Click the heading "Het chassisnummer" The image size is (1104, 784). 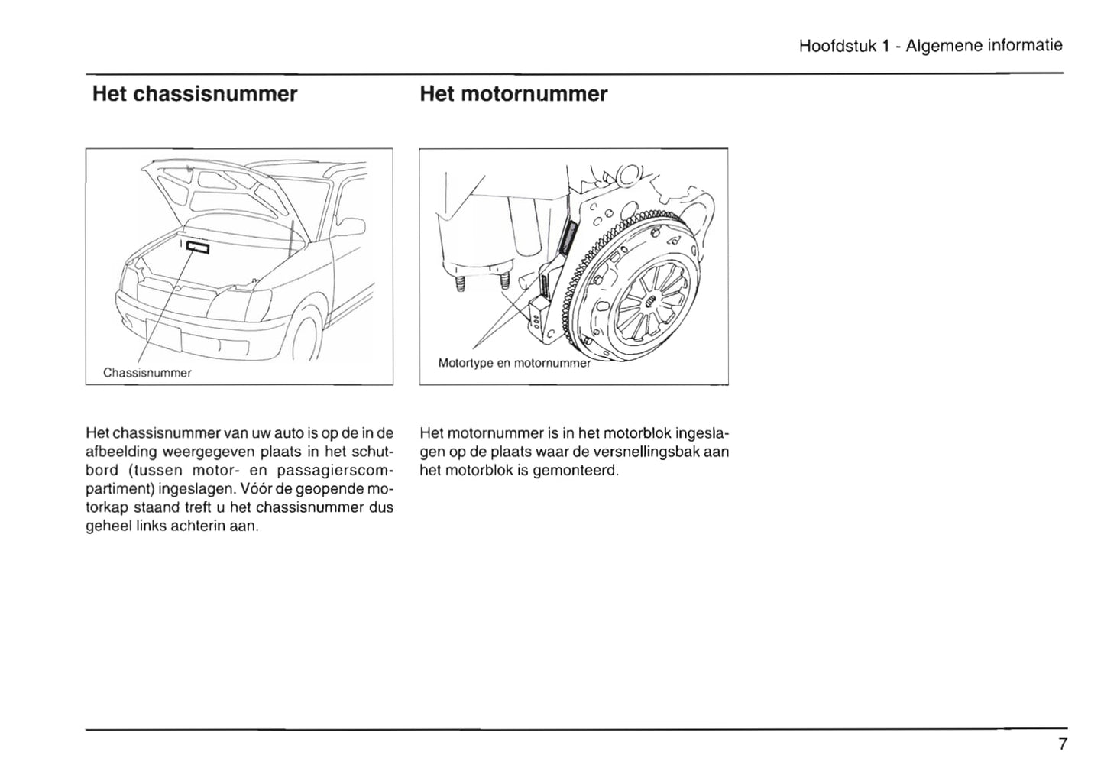[x=194, y=95]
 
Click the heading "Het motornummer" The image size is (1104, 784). [x=513, y=95]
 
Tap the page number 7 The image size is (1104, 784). [x=1062, y=744]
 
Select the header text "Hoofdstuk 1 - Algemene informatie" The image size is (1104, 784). [x=930, y=46]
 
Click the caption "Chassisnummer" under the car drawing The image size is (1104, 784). [x=147, y=373]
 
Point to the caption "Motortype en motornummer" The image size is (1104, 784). [x=514, y=363]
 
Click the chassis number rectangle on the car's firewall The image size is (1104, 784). [x=197, y=246]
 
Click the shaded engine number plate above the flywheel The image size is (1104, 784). [x=566, y=236]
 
